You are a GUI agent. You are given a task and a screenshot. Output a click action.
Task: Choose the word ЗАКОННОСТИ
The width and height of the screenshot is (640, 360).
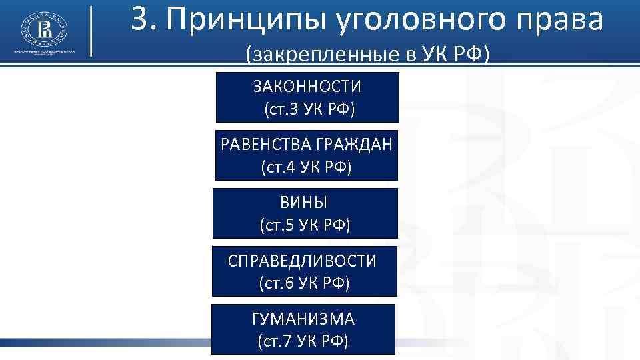(307, 87)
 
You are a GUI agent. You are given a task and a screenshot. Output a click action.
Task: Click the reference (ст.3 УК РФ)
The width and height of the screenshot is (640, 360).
(308, 109)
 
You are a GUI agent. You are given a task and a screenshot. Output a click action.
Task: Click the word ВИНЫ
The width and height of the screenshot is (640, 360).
(304, 203)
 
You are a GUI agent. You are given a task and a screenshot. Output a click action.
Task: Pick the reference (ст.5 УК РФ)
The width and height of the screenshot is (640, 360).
(305, 225)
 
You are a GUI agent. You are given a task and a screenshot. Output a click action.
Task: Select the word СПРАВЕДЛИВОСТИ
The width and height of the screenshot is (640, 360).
(303, 261)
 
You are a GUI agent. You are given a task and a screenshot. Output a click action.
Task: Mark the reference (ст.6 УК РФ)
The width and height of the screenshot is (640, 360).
(304, 283)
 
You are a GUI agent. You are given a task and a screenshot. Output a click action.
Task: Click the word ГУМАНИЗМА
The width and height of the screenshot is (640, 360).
(303, 319)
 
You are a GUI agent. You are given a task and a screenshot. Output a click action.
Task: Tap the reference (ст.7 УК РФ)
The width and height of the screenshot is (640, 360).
(303, 341)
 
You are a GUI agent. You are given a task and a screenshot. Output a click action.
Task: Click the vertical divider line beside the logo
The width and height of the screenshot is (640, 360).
(91, 31)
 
